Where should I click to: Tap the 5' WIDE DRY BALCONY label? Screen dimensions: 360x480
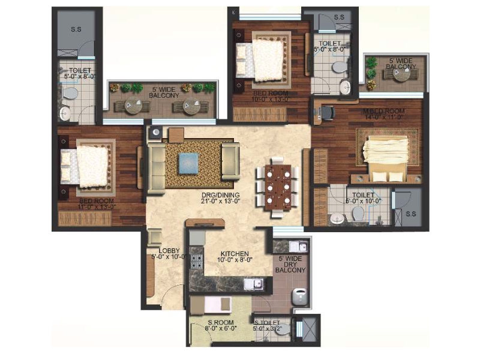tap(290, 265)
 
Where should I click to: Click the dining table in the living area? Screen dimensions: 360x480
tap(277, 187)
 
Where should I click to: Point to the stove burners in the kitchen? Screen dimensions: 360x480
tap(195, 259)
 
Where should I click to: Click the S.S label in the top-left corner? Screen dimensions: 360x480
tap(76, 29)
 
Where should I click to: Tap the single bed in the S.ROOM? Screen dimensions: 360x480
tap(216, 304)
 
